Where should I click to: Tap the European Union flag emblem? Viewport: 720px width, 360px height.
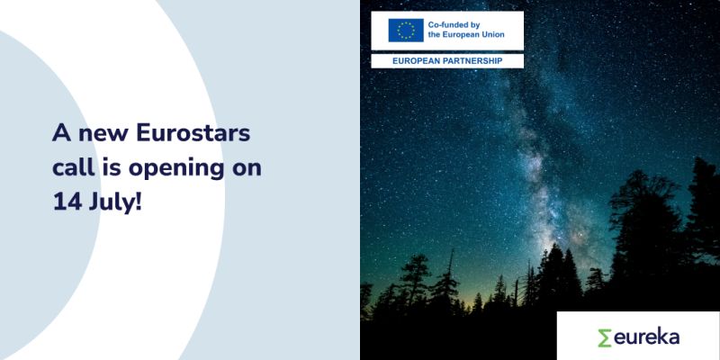[x=405, y=30]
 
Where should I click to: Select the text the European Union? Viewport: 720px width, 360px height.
[x=472, y=36]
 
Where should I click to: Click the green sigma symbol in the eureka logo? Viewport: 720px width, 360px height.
[x=605, y=337]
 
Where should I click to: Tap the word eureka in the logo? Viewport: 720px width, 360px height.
[x=647, y=337]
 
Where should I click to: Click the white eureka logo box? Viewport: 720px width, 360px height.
[x=638, y=336]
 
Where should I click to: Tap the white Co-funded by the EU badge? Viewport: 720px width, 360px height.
[x=446, y=31]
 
